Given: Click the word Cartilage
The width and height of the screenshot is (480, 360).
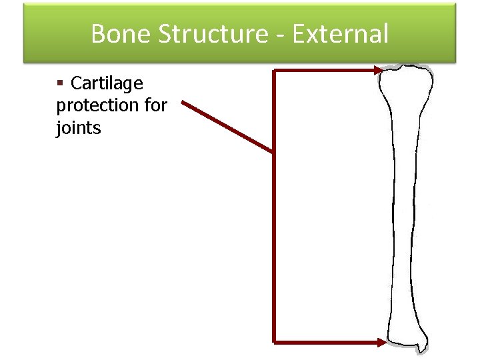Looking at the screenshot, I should [x=107, y=83].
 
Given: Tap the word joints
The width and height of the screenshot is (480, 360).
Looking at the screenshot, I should [x=78, y=127].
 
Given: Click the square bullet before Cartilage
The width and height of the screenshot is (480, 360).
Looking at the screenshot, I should [x=60, y=83].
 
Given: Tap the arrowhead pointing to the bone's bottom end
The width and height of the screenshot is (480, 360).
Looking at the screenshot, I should [x=381, y=342].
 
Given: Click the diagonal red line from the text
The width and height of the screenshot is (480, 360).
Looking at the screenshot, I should [x=227, y=127].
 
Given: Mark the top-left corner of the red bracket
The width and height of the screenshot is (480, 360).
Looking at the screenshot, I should [x=274, y=70].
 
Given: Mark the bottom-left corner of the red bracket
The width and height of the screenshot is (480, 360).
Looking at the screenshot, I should [x=274, y=342].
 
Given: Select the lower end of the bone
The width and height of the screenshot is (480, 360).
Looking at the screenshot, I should [x=405, y=337].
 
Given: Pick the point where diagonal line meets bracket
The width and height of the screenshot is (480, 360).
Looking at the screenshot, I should [x=273, y=152].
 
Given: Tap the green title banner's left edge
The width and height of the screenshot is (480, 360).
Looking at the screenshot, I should [x=25, y=33].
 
